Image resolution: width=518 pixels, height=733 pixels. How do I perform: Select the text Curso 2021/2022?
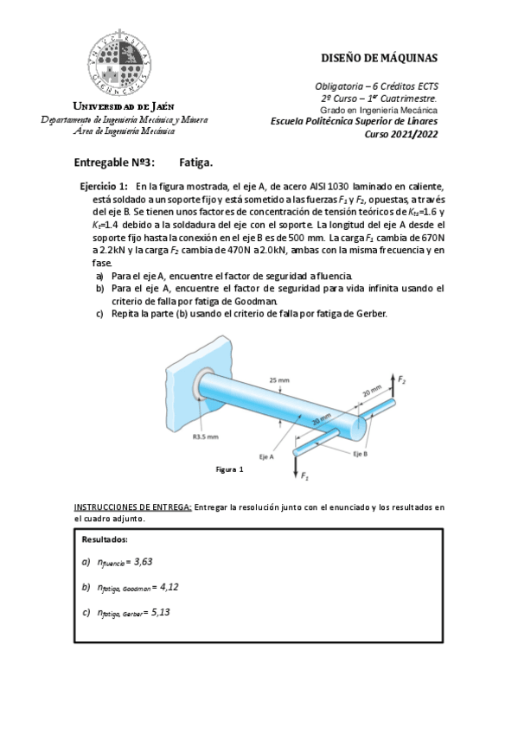(402, 133)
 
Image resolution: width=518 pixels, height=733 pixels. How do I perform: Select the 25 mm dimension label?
(279, 379)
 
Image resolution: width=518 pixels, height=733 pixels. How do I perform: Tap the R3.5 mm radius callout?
(205, 437)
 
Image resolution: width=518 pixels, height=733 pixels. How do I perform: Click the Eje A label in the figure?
(265, 455)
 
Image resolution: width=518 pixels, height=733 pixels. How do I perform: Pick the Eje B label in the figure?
(360, 453)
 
